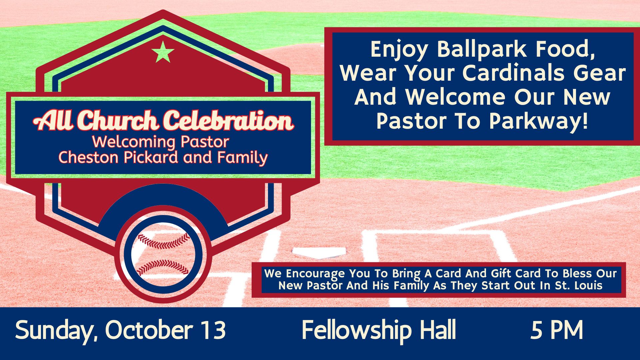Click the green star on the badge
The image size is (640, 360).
163,52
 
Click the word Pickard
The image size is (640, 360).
151,157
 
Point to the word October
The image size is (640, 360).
149,330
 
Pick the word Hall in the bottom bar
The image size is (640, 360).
438,329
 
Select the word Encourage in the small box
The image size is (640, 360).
315,274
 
